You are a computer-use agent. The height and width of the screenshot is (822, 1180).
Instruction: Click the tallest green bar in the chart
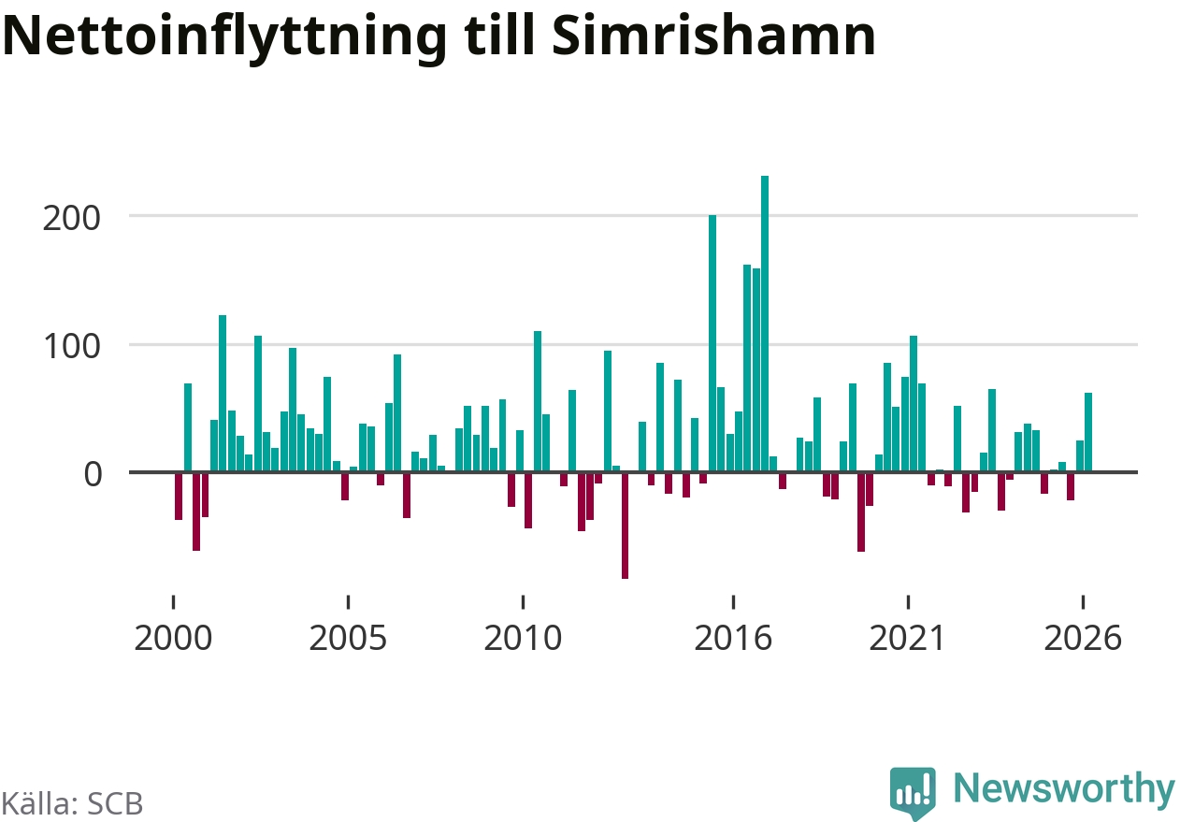(x=765, y=324)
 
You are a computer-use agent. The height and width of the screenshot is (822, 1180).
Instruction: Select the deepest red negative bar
(x=625, y=526)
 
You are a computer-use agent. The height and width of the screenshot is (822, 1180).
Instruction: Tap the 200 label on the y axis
(x=71, y=219)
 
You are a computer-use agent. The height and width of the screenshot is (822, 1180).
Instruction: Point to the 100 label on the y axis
(x=72, y=347)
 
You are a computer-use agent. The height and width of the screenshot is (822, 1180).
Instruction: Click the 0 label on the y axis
(x=93, y=475)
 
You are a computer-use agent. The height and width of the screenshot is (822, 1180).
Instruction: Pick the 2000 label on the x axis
(x=173, y=639)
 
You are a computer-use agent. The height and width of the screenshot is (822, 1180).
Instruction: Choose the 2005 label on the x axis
(x=348, y=639)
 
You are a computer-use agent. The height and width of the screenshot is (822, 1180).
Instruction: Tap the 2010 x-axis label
(x=523, y=639)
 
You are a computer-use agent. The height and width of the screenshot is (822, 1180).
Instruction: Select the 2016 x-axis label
(x=733, y=639)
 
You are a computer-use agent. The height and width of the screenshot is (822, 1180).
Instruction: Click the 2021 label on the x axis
(x=907, y=639)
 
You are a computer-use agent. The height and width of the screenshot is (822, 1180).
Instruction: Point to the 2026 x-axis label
(x=1083, y=639)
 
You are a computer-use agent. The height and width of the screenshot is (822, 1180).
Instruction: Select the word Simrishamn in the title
(x=713, y=36)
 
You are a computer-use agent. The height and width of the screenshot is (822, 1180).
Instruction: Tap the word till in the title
(x=500, y=35)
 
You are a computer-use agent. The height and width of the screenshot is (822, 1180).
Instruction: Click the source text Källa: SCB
(x=72, y=803)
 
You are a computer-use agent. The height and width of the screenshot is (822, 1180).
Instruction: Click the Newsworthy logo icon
(x=913, y=792)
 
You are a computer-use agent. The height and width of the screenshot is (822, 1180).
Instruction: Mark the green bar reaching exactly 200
(x=712, y=343)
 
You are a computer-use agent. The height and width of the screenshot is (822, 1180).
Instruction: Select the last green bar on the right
(x=1088, y=432)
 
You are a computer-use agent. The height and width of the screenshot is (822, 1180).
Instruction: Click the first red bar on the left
(x=179, y=497)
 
